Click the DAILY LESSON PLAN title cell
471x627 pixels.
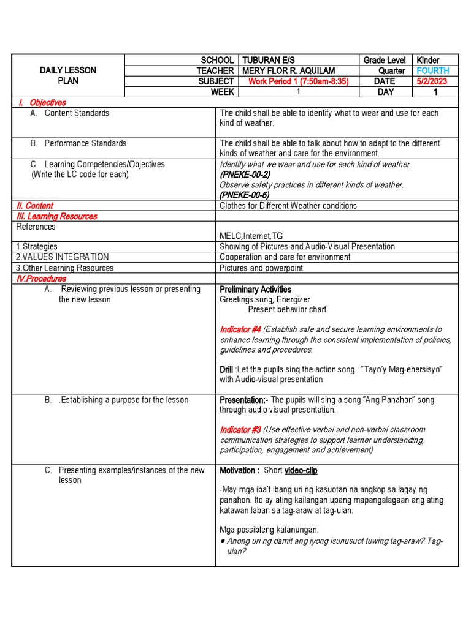(68, 75)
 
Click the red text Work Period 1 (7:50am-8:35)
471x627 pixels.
(299, 81)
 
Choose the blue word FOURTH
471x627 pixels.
(433, 71)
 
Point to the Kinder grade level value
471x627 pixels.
(428, 60)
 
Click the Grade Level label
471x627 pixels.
(385, 60)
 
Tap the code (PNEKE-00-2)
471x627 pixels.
(244, 175)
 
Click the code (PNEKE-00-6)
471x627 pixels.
(244, 195)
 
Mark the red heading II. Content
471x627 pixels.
(35, 206)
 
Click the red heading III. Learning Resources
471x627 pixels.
(56, 216)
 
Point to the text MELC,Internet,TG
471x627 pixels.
(251, 236)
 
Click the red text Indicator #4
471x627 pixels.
(240, 329)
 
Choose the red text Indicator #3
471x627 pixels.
(240, 430)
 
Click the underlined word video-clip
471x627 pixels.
(301, 470)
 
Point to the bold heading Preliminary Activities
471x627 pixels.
(255, 289)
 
